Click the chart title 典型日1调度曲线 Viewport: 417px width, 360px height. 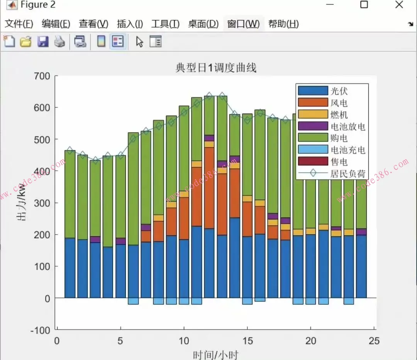pyautogui.click(x=216, y=68)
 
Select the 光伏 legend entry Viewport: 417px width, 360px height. pyautogui.click(x=339, y=91)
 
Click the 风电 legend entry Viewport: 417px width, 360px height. pyautogui.click(x=339, y=103)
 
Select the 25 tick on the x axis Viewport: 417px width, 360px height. pyautogui.click(x=374, y=341)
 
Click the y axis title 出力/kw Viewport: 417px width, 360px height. pyautogui.click(x=21, y=202)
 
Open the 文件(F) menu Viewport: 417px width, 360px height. pyautogui.click(x=19, y=24)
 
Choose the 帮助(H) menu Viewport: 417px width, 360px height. pyautogui.click(x=283, y=24)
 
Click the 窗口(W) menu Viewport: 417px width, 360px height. pyautogui.click(x=243, y=24)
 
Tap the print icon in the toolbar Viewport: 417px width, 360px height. pyautogui.click(x=59, y=41)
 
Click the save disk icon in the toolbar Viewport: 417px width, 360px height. pyautogui.click(x=43, y=41)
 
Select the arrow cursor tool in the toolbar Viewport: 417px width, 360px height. pyautogui.click(x=139, y=41)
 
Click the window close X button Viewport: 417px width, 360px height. pyautogui.click(x=399, y=5)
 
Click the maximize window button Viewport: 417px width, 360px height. pyautogui.click(x=364, y=5)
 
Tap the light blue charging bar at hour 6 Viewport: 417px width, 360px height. pyautogui.click(x=133, y=301)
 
